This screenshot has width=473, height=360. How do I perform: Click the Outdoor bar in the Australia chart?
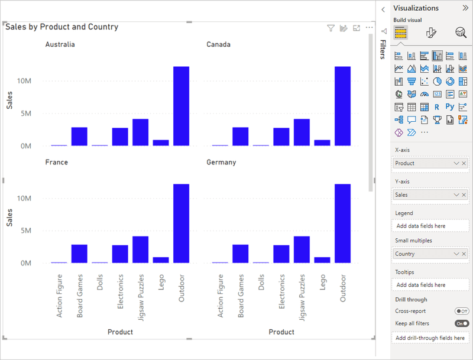(181, 106)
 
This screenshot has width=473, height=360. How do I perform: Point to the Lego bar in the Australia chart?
(161, 142)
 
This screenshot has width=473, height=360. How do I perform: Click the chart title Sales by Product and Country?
(62, 27)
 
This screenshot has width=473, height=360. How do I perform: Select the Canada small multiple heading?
(218, 44)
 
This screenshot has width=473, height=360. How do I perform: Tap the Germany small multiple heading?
(221, 162)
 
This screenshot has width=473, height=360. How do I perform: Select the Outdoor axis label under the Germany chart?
(342, 288)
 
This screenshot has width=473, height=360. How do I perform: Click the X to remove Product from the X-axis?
(464, 163)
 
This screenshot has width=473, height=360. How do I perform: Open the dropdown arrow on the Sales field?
(456, 194)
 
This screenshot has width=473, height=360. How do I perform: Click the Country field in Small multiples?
(421, 254)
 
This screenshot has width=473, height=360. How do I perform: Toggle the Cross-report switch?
(462, 311)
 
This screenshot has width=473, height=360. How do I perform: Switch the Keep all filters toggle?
(462, 323)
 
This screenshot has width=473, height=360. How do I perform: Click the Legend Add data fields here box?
(430, 226)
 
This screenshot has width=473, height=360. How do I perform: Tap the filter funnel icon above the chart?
(331, 28)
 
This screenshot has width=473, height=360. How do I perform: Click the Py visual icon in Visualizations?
(450, 108)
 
